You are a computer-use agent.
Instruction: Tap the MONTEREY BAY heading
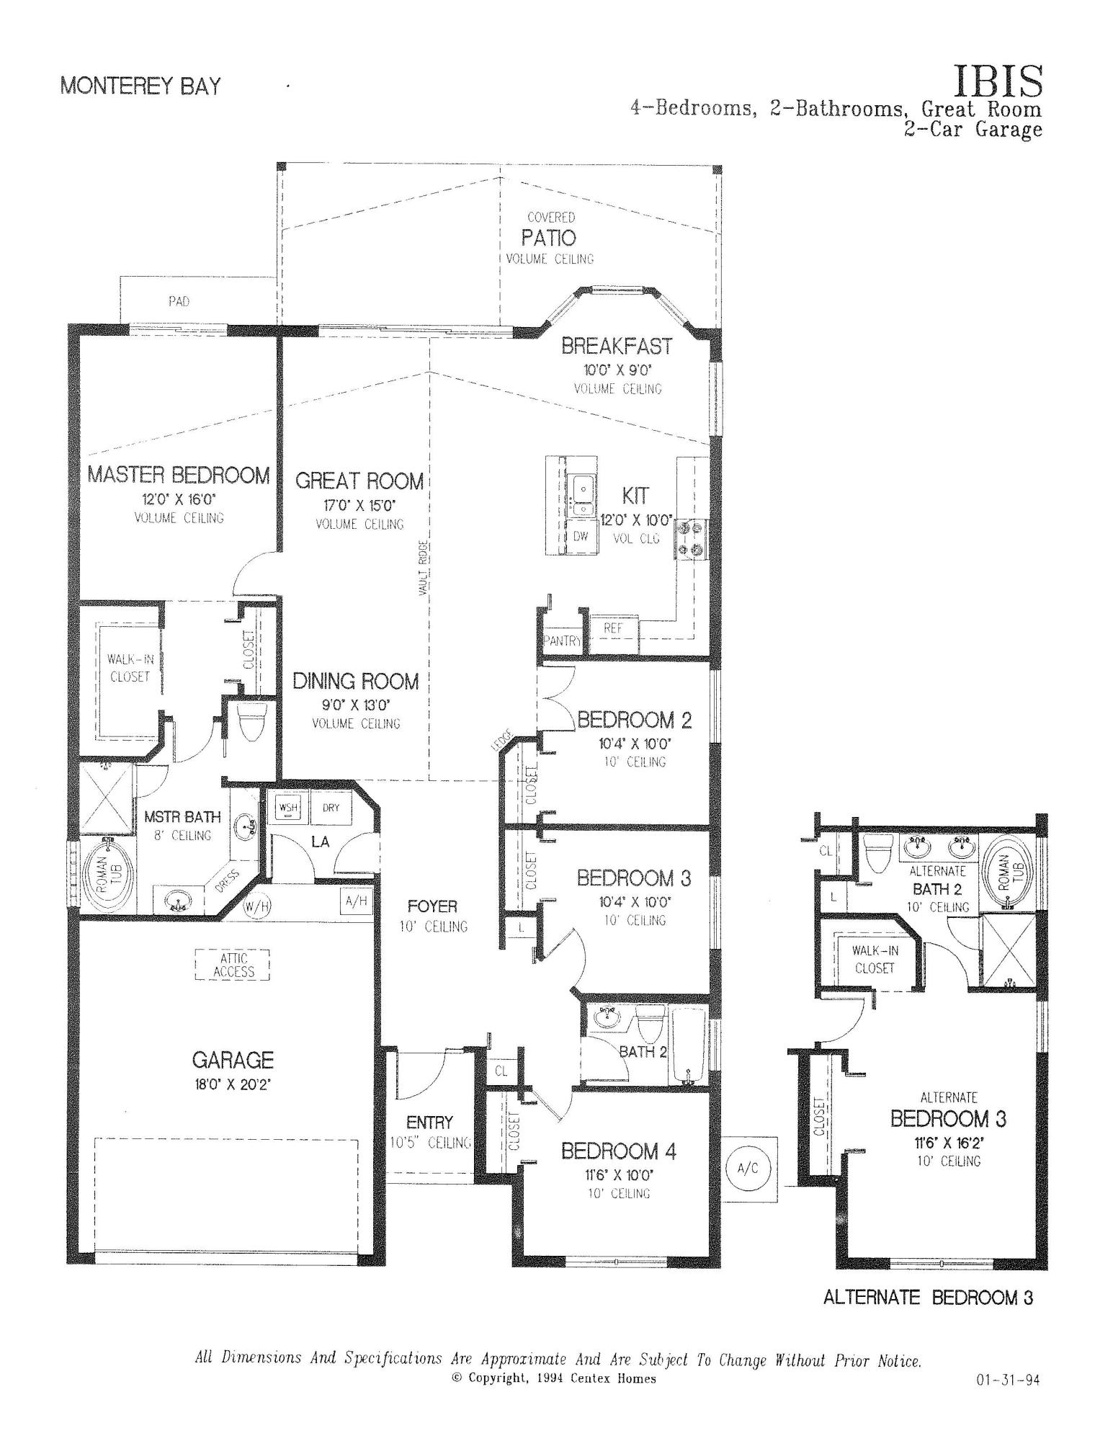coord(140,86)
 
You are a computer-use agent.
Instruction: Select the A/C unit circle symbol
coord(749,1168)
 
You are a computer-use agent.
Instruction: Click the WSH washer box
coord(288,808)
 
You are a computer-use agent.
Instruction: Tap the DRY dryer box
coord(331,808)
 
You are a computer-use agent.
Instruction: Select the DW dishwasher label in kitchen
coord(581,536)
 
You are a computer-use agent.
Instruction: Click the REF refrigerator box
coord(612,628)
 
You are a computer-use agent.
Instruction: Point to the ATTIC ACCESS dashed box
coord(233,965)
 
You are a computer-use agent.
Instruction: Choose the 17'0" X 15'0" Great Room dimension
coord(359,504)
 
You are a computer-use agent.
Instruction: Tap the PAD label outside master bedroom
coord(179,301)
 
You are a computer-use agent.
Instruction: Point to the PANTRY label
coord(563,640)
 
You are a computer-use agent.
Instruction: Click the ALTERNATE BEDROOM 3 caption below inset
coord(928,1297)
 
